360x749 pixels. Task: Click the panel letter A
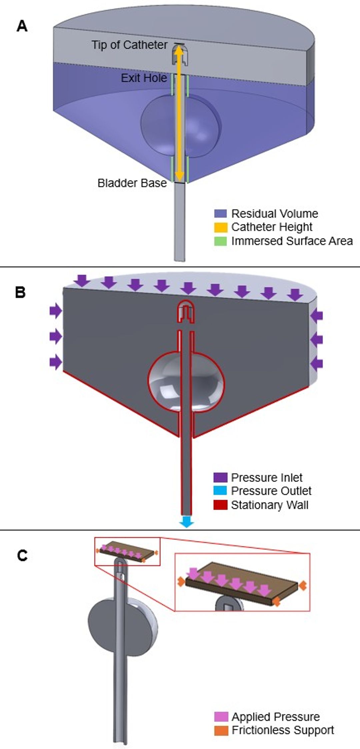pos(22,26)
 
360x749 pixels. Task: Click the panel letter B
pos(21,292)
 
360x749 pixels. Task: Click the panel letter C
pos(22,556)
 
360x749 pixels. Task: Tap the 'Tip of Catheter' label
pos(129,45)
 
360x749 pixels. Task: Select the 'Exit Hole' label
pos(144,78)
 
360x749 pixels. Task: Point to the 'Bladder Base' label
pos(132,183)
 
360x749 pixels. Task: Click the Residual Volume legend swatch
pos(220,213)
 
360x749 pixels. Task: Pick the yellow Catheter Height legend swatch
pos(220,227)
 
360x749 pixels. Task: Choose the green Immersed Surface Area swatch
pos(220,241)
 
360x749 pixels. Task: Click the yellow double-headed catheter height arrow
pos(179,113)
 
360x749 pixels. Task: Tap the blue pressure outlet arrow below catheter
pos(186,522)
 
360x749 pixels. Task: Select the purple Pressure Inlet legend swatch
pos(220,478)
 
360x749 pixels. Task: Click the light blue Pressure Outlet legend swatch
pos(220,491)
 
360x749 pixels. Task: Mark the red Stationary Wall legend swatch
pos(220,505)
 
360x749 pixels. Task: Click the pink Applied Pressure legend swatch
pos(221,717)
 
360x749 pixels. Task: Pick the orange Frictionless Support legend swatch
pos(221,730)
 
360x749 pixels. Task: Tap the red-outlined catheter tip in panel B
pos(186,312)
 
